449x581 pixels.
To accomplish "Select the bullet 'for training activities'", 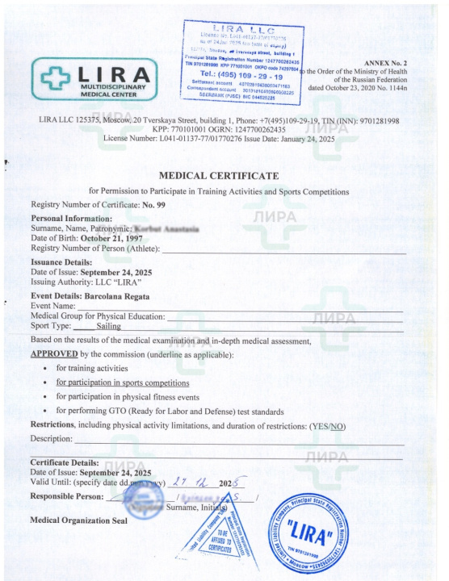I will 92,368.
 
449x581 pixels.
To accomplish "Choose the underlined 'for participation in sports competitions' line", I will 122,382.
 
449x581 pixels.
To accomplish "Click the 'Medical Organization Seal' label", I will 78,520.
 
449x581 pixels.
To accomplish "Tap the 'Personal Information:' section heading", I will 71,219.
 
